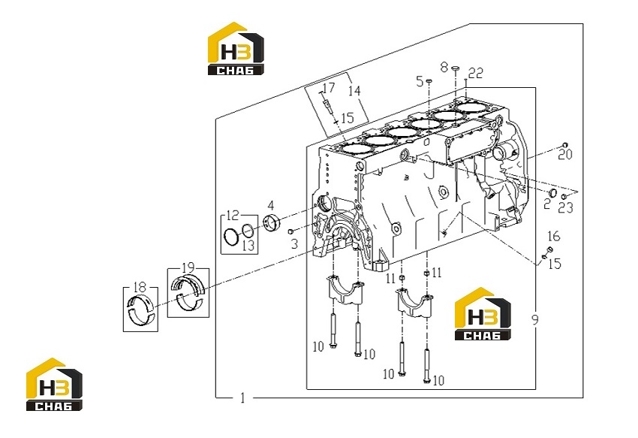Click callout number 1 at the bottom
pyautogui.click(x=243, y=397)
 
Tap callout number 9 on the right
pyautogui.click(x=534, y=319)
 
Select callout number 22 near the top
pyautogui.click(x=476, y=73)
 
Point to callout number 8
pyautogui.click(x=444, y=67)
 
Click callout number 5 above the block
pyautogui.click(x=420, y=81)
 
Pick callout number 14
pyautogui.click(x=354, y=90)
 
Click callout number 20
pyautogui.click(x=564, y=155)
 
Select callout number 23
pyautogui.click(x=566, y=208)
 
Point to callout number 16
pyautogui.click(x=554, y=237)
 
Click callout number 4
pyautogui.click(x=270, y=206)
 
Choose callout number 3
pyautogui.click(x=294, y=244)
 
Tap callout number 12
pyautogui.click(x=233, y=215)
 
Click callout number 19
pyautogui.click(x=188, y=268)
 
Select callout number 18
pyautogui.click(x=140, y=287)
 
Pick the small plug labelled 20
pyautogui.click(x=564, y=146)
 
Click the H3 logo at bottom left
pyautogui.click(x=54, y=384)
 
